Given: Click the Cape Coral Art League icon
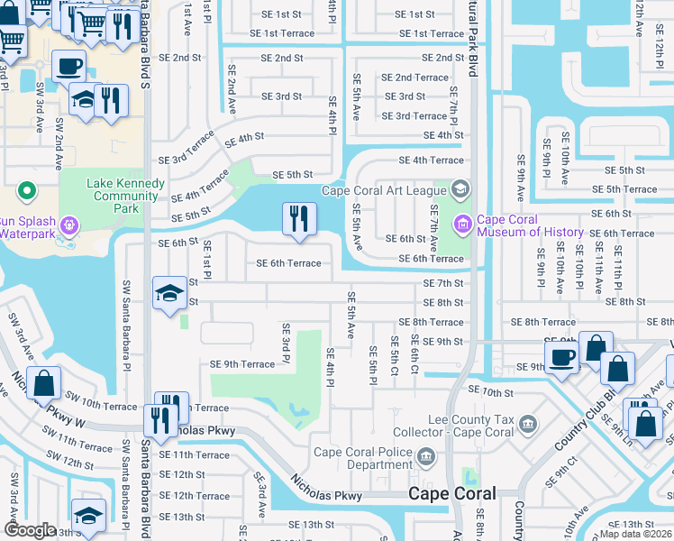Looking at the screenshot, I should [460, 189].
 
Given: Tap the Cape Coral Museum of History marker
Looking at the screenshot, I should [463, 223].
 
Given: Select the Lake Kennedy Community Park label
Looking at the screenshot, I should [125, 196].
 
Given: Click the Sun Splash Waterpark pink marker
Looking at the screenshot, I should [70, 224].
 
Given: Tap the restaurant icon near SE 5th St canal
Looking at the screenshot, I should [299, 219].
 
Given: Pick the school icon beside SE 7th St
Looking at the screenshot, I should [169, 293].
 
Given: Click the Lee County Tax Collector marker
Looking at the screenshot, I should [529, 421].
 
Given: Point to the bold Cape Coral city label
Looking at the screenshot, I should [451, 493].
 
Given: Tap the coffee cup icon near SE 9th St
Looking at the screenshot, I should [560, 355].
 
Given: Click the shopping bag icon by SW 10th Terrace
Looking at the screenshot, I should [44, 383].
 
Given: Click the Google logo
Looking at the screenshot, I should [30, 530].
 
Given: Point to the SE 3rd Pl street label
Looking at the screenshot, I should [285, 344].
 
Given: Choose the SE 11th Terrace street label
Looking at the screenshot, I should [194, 454].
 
